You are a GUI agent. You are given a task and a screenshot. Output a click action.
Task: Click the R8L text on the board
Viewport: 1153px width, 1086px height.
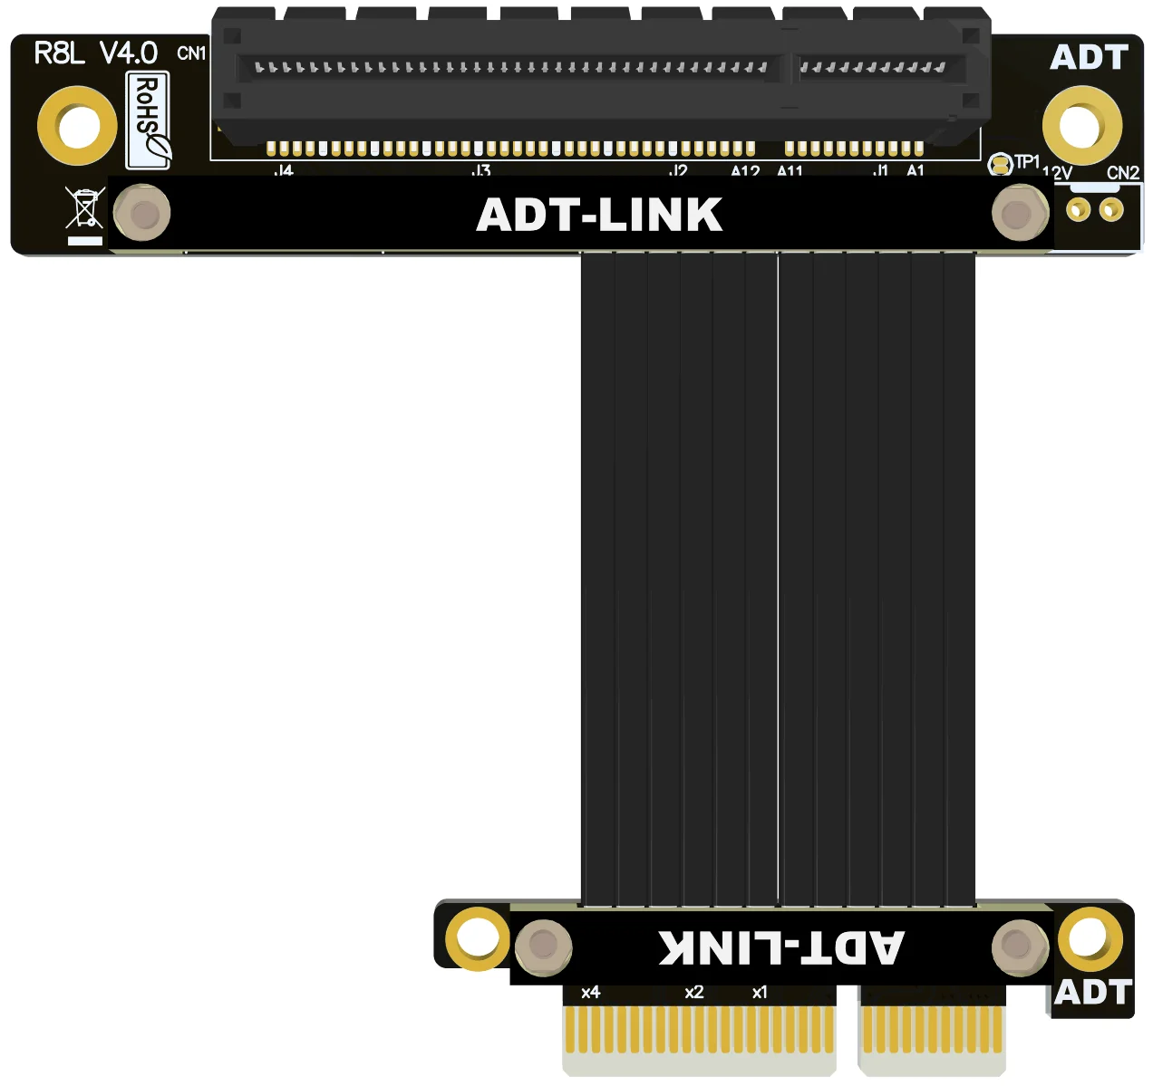point(58,53)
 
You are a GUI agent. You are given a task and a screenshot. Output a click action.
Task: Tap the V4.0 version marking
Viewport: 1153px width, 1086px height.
point(128,53)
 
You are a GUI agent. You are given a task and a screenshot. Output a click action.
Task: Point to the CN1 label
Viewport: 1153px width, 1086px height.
point(191,53)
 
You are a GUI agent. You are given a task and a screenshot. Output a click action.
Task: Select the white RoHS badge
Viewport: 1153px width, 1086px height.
point(148,120)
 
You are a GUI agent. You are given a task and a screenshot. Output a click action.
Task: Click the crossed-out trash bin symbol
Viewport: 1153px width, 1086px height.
point(85,208)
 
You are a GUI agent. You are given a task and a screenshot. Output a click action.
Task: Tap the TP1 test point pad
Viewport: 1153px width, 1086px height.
point(1000,165)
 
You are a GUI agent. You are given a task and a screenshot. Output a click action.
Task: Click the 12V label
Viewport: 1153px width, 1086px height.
point(1057,172)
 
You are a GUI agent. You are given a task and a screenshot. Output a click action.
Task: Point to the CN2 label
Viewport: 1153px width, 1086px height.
point(1122,172)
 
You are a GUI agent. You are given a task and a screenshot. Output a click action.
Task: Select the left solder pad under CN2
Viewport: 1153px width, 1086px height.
point(1078,210)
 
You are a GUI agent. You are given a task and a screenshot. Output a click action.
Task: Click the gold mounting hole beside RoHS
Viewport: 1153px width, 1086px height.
point(78,125)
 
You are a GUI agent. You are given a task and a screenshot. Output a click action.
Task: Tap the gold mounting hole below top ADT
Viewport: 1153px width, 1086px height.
point(1081,125)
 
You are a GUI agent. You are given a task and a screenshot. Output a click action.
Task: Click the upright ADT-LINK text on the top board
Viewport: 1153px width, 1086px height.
point(599,216)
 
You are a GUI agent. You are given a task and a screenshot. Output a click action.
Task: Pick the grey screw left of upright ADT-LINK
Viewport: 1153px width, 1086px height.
point(142,214)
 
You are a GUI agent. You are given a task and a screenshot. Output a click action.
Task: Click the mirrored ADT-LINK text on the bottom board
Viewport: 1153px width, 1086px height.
point(780,947)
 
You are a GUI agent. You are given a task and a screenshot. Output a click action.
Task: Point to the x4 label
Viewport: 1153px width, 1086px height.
point(591,993)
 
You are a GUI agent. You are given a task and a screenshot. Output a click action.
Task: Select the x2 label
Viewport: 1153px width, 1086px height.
point(694,993)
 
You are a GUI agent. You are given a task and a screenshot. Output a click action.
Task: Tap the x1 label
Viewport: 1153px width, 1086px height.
point(760,993)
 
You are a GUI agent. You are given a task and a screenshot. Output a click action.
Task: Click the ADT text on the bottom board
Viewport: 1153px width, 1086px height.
point(1093,993)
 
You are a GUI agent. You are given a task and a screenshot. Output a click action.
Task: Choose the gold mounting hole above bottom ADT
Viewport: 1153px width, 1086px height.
point(1090,938)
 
